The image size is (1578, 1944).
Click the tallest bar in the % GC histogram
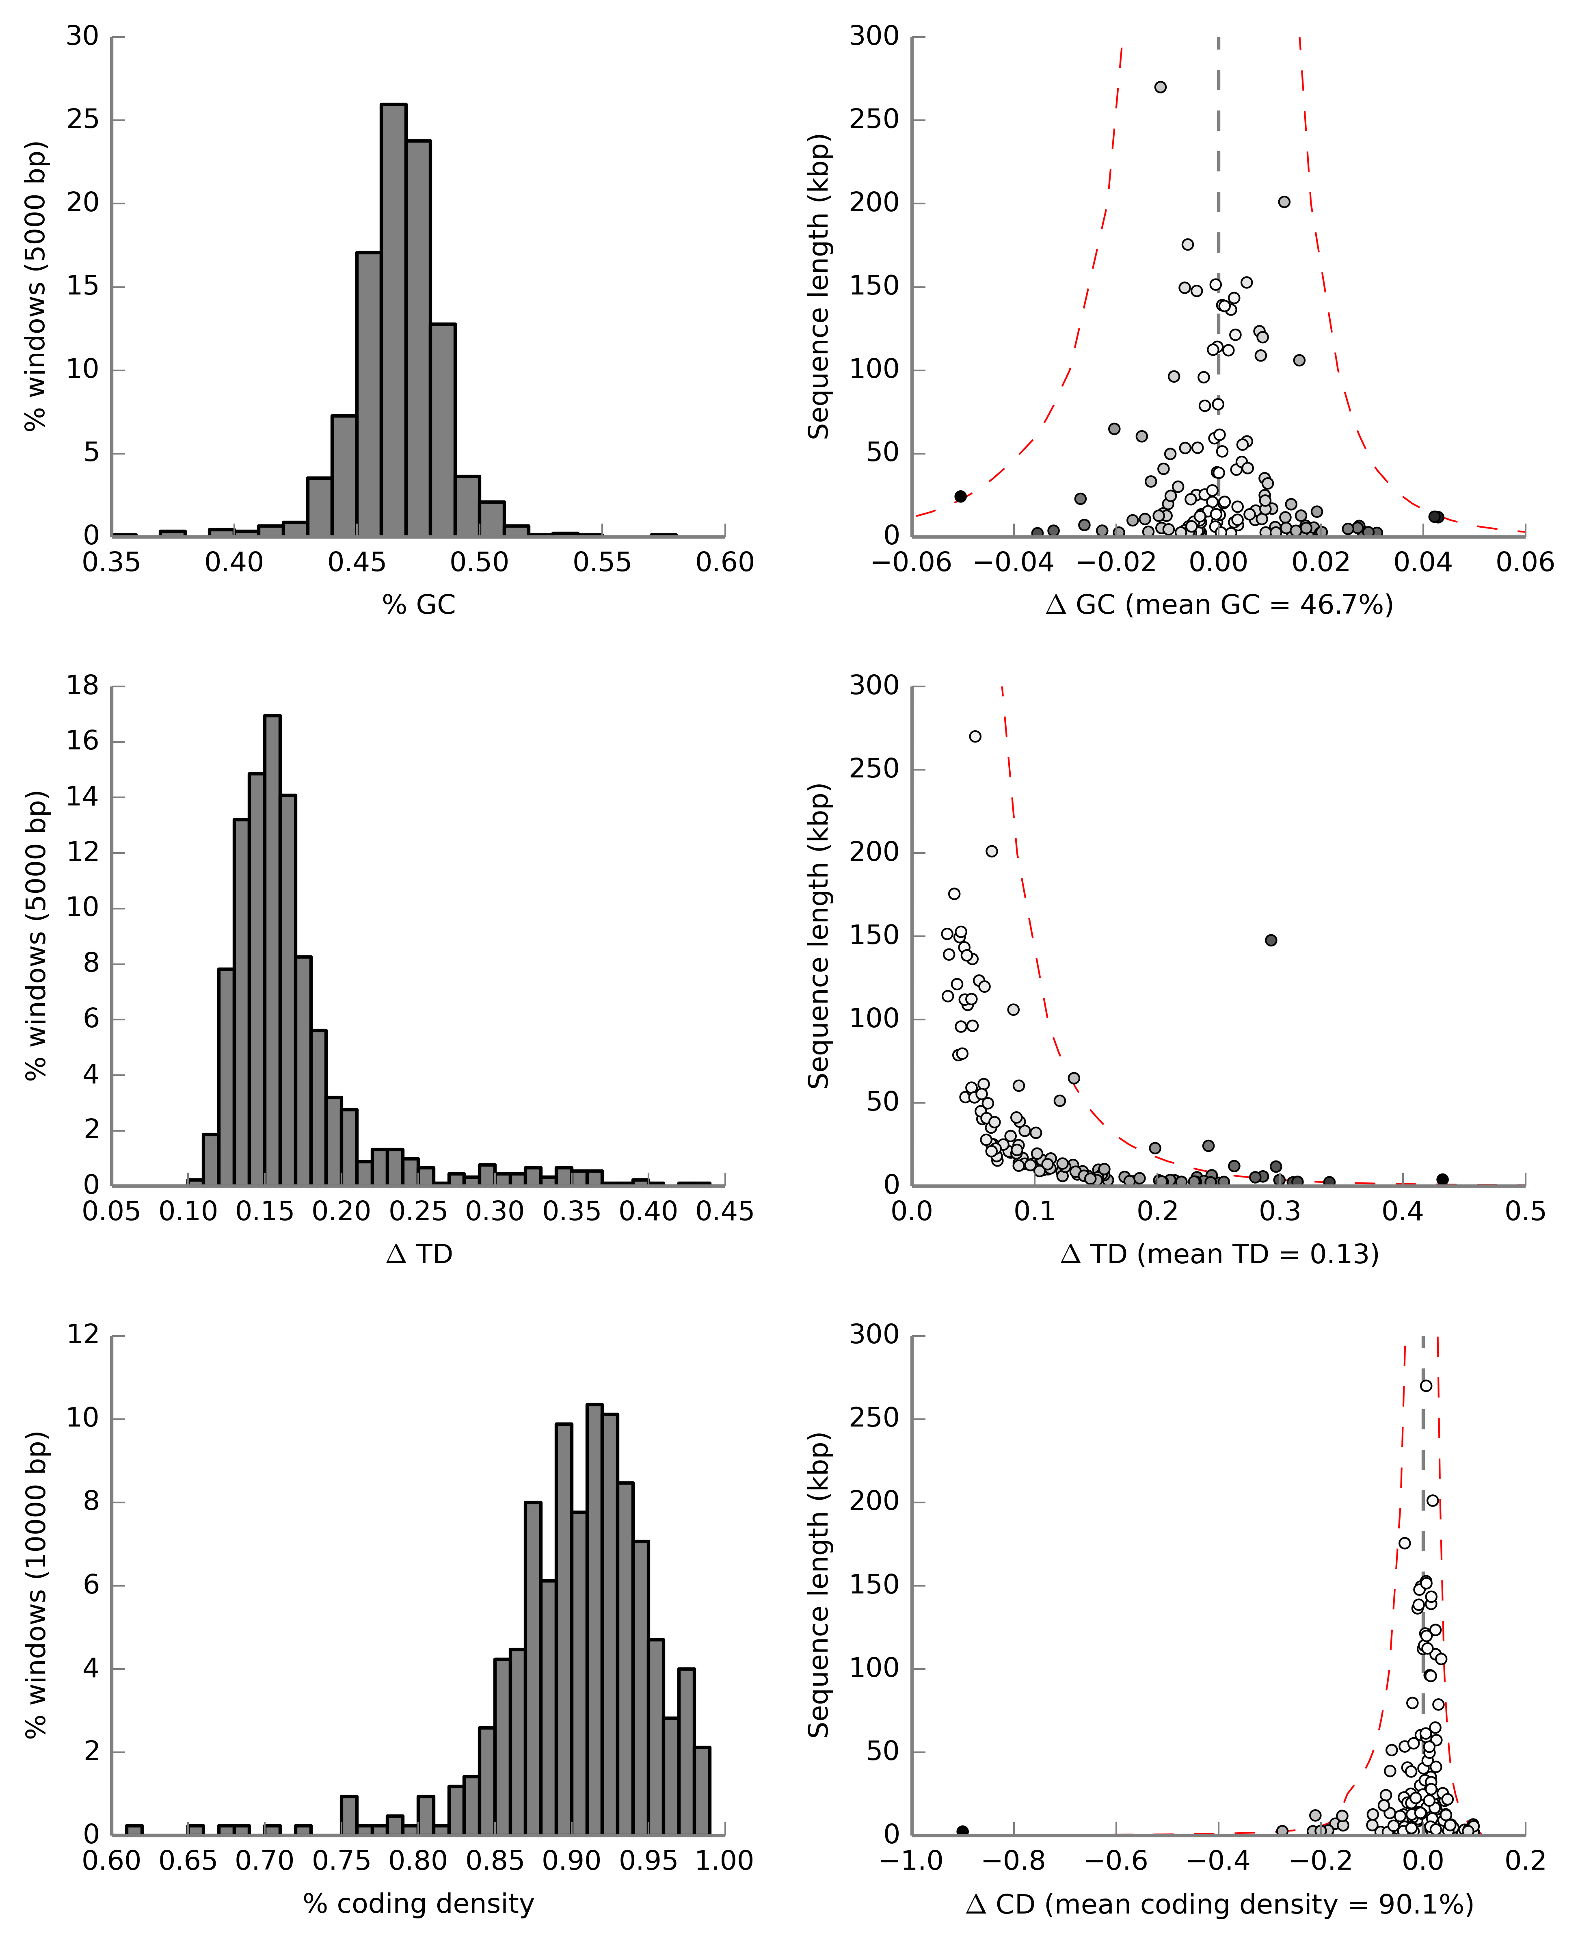click(393, 318)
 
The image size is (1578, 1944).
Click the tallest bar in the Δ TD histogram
click(272, 950)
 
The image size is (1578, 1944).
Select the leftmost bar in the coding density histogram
click(134, 1829)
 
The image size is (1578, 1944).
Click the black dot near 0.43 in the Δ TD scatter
click(1442, 1179)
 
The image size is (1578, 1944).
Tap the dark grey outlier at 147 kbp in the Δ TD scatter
click(1271, 940)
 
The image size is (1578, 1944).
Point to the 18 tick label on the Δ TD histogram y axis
click(82, 686)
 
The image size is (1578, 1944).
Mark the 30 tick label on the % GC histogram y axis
click(82, 37)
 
